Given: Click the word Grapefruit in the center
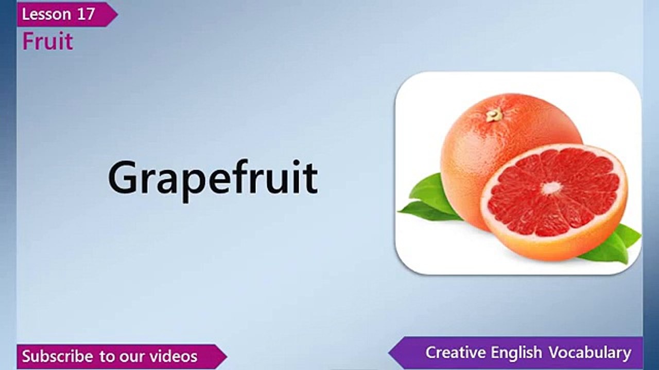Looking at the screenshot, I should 213,178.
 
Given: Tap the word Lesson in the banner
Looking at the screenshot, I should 45,14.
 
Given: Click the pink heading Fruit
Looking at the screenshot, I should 47,42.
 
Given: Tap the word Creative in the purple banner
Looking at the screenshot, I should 455,353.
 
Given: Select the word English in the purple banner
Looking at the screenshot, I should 516,353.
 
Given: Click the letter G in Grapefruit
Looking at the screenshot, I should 124,178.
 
